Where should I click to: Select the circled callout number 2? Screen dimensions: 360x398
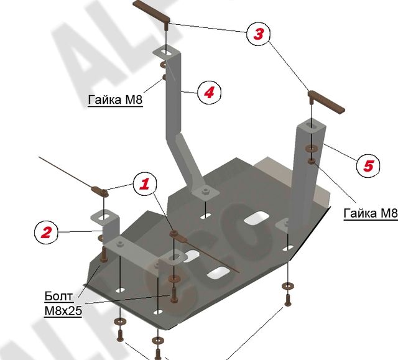[x=45, y=233]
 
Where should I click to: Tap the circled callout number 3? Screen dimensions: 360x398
[x=258, y=34]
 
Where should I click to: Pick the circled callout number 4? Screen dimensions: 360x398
[x=209, y=93]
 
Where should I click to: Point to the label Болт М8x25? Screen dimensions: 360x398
[x=63, y=302]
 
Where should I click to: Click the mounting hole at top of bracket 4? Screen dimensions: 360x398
[x=162, y=52]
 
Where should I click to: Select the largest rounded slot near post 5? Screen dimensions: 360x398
[x=256, y=218]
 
